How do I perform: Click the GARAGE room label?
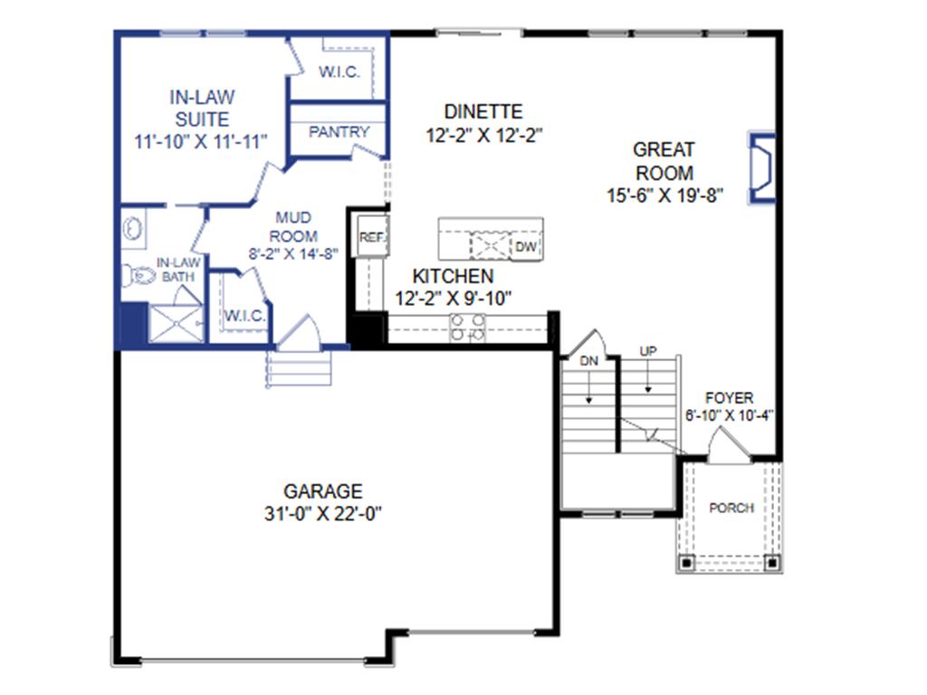tap(323, 491)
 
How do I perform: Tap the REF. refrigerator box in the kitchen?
tap(371, 237)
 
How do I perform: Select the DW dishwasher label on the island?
tap(526, 246)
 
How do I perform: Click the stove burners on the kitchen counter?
tap(468, 328)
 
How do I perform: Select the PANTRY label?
tap(339, 132)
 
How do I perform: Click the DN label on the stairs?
tap(588, 361)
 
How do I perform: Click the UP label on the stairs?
tap(648, 350)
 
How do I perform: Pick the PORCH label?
tap(731, 508)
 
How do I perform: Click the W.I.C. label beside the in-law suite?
tap(339, 72)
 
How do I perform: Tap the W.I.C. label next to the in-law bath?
tap(244, 316)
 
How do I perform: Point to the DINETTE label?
tap(483, 112)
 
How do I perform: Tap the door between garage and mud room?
tap(299, 333)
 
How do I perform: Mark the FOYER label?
tap(729, 398)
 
